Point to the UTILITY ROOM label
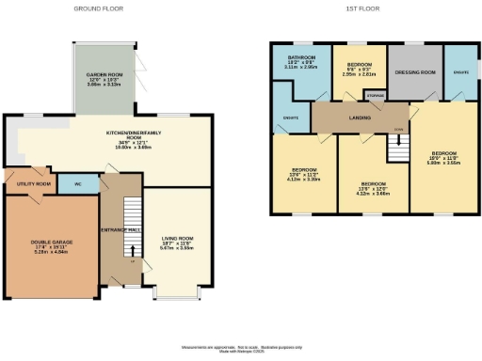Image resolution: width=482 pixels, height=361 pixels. click(x=33, y=183)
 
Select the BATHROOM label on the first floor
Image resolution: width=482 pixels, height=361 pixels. click(x=300, y=58)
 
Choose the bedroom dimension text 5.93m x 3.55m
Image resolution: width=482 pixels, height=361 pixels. click(x=444, y=162)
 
